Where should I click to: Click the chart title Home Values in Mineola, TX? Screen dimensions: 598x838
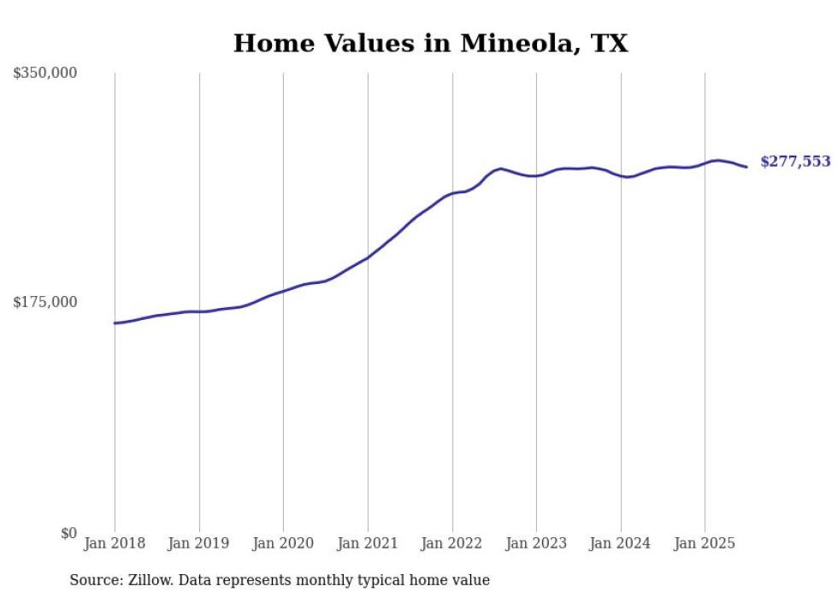point(430,44)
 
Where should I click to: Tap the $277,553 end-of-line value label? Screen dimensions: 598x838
point(794,162)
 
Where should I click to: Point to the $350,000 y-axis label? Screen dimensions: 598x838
point(44,74)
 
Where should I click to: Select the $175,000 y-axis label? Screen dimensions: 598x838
point(44,302)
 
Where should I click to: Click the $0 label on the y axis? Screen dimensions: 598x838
point(68,533)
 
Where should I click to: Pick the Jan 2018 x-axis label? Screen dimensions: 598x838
point(115,543)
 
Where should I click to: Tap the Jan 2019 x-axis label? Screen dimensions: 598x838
point(199,543)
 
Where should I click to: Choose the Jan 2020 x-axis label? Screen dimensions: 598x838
point(283,543)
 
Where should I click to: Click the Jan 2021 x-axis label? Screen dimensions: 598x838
point(368,543)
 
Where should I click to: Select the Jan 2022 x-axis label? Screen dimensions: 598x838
point(452,543)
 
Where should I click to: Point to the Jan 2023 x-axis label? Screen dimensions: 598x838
point(536,543)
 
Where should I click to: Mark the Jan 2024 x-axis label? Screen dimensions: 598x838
point(621,543)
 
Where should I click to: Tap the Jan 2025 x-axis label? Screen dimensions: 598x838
point(705,543)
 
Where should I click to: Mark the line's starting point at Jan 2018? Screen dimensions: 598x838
point(115,323)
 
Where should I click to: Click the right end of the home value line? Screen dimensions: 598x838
point(747,167)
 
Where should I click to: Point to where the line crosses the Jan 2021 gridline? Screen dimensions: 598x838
point(368,258)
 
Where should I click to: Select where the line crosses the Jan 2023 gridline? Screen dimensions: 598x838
point(536,175)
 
